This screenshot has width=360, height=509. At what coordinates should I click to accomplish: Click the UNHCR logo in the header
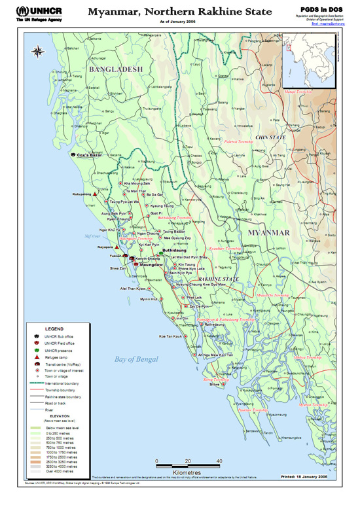click(26, 14)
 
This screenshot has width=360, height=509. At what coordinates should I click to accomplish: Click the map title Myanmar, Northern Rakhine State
click(179, 12)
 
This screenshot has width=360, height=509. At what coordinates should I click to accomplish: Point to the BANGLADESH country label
click(115, 69)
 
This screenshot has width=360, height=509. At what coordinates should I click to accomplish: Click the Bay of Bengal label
click(136, 359)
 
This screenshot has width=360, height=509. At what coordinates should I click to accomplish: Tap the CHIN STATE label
click(270, 138)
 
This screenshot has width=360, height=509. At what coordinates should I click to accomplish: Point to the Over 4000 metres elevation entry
click(59, 470)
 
